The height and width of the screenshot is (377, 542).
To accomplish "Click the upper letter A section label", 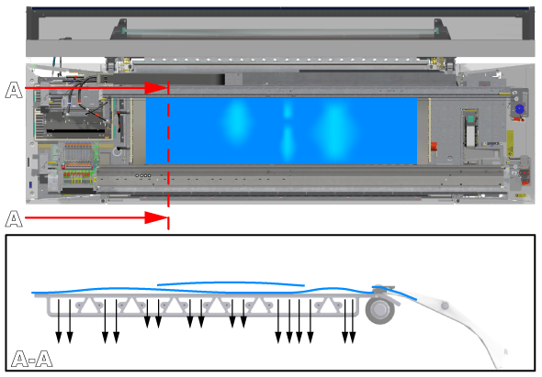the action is [14, 90].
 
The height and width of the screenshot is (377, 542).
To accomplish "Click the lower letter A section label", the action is [14, 219].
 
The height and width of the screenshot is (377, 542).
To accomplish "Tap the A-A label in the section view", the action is [32, 359].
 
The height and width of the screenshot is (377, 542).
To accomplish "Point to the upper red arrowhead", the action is [156, 88].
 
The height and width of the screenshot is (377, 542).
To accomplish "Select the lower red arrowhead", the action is [156, 217].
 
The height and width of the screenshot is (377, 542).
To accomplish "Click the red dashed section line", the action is [168, 155].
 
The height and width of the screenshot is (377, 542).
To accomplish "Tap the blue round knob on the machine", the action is [520, 109].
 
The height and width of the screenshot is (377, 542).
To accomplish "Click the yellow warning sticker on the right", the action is [510, 143].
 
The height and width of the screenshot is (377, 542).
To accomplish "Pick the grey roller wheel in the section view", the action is [380, 310].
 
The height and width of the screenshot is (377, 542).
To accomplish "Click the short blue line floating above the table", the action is [231, 283].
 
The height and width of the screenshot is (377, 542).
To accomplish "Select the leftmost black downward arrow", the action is [59, 321].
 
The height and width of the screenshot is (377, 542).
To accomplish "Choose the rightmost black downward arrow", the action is [352, 321].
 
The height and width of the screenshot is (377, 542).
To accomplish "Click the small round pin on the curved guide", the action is [445, 305].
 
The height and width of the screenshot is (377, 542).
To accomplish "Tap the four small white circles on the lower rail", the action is [143, 176].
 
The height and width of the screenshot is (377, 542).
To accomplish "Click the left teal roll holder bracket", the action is [121, 29].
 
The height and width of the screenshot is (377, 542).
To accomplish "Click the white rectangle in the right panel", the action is [470, 136].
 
